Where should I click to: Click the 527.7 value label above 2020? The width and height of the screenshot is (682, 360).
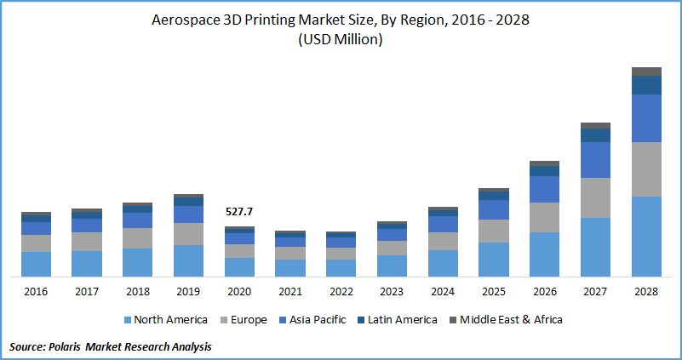[x=239, y=211]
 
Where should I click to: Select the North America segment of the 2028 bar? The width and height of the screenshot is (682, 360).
[x=646, y=236]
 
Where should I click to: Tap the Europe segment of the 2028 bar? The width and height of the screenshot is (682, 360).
[x=646, y=169]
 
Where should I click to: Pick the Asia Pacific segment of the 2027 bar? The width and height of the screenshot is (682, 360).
[x=595, y=159]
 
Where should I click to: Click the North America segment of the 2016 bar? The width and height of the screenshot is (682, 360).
[x=36, y=263]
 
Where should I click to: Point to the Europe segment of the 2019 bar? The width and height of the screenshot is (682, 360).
[x=188, y=233]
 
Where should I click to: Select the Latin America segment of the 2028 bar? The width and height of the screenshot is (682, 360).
[x=646, y=84]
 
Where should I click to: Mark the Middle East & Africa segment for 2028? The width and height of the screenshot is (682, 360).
[x=646, y=71]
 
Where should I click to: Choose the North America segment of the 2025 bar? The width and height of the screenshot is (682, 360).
[x=494, y=259]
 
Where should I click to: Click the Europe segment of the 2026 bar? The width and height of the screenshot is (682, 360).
[x=544, y=217]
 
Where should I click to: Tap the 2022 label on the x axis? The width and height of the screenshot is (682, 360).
[x=341, y=292]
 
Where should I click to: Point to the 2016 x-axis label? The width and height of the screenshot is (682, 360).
[x=36, y=292]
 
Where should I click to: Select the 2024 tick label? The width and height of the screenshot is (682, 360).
[x=443, y=292]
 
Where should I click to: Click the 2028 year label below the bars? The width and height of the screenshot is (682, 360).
[x=646, y=292]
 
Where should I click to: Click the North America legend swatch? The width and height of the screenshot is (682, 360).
[x=128, y=320]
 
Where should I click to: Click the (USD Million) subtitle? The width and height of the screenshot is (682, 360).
[x=340, y=40]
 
